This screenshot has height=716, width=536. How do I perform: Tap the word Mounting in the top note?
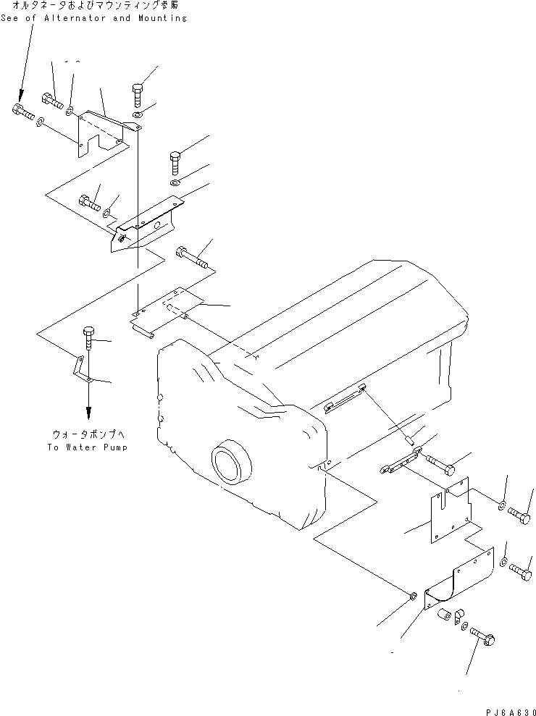tap(159, 17)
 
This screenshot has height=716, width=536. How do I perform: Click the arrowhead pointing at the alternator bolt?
tap(20, 96)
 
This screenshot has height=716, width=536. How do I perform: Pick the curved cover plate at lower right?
tap(456, 577)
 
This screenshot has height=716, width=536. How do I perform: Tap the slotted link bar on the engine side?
tap(346, 400)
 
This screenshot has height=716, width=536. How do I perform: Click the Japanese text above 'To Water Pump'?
tap(88, 434)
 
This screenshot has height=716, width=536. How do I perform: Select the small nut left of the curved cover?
tap(411, 596)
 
